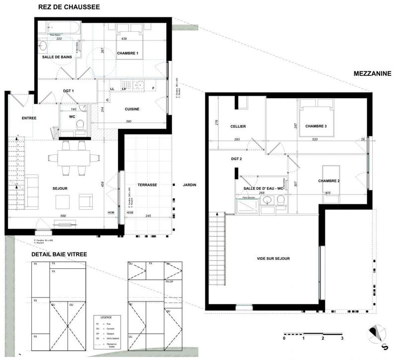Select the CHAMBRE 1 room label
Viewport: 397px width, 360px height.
[128, 53]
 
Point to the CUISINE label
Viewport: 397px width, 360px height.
[132, 109]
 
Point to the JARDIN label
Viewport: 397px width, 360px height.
[190, 185]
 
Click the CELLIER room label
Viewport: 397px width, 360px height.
[238, 126]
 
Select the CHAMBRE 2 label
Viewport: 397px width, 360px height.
[329, 181]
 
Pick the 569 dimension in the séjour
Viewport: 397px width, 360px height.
[63, 216]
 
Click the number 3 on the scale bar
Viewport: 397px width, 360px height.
[342, 338]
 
